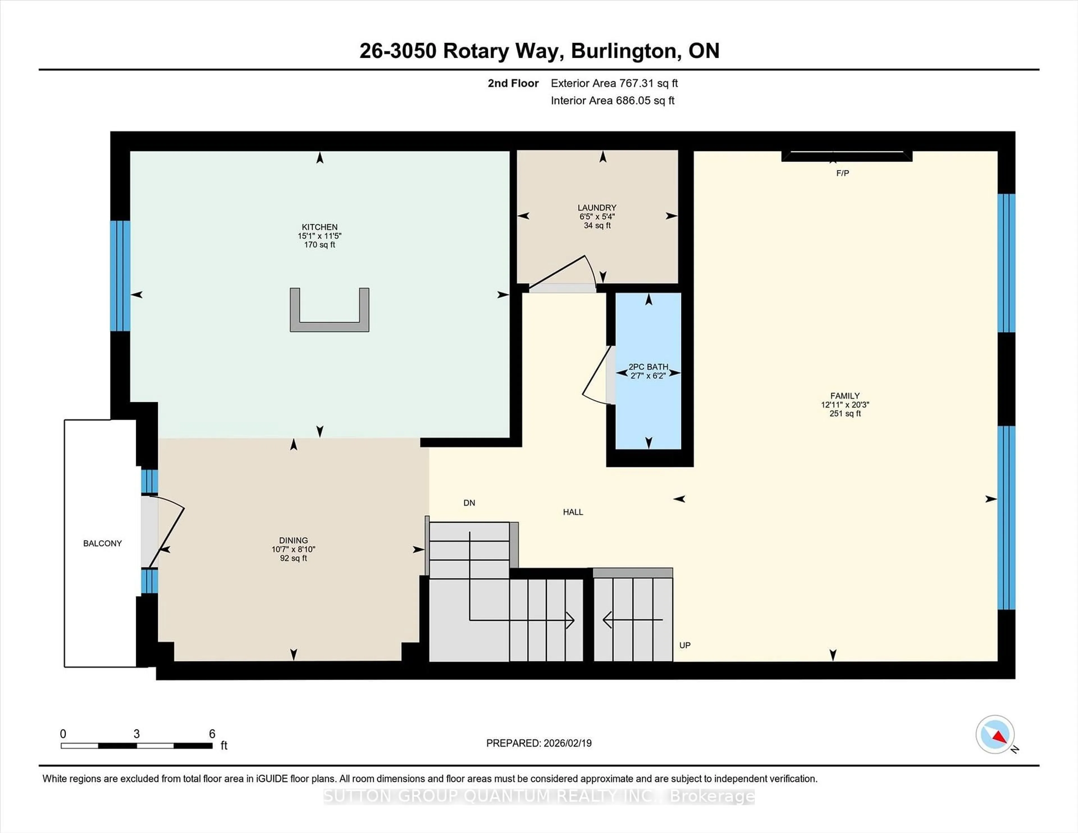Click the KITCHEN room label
[x=319, y=227]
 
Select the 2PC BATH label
[x=648, y=367]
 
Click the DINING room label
[x=293, y=540]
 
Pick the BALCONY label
[x=102, y=543]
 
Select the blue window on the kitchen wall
[x=120, y=275]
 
